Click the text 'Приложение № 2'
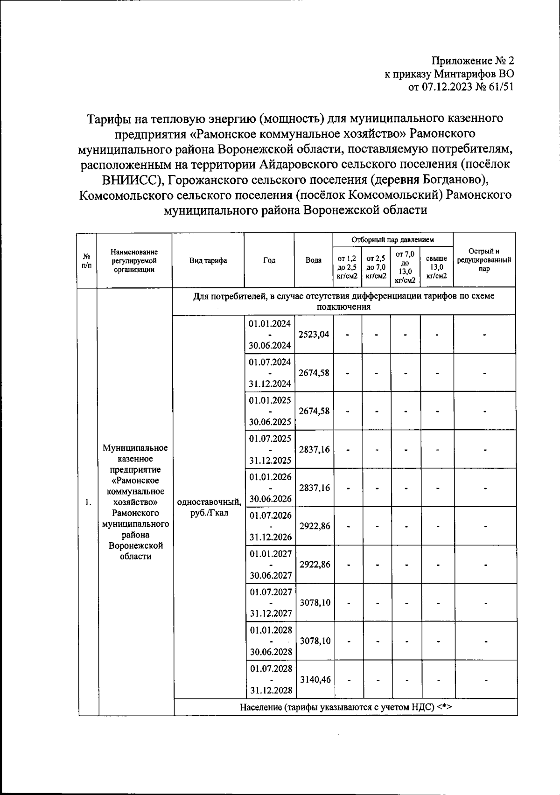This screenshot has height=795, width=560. pos(472,61)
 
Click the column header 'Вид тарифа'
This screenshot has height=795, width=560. pos(208,261)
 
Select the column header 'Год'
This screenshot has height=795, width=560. pos(269,261)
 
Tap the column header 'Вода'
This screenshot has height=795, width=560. pos(313,261)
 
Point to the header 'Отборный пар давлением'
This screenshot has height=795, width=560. pos(392,240)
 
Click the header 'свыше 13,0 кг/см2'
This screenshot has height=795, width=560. pos(436,267)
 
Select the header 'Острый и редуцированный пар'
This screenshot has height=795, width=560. pos(484,260)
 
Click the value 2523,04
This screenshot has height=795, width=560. pos(314,335)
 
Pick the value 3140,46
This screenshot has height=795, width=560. pos(315,679)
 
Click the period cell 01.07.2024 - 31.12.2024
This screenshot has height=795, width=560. pos(270,373)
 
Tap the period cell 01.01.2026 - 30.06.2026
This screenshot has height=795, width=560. pos(270,488)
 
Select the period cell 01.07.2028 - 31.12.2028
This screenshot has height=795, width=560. pos(271,679)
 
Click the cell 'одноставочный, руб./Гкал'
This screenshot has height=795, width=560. pos(209,508)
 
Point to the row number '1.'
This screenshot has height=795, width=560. pos(88,502)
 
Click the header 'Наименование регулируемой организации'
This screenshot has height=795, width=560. pos(134,261)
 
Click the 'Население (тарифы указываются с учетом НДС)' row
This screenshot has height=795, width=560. pos(346,707)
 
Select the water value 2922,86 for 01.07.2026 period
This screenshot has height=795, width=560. pos(315,526)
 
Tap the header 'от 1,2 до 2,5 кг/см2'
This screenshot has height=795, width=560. pos(347,267)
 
